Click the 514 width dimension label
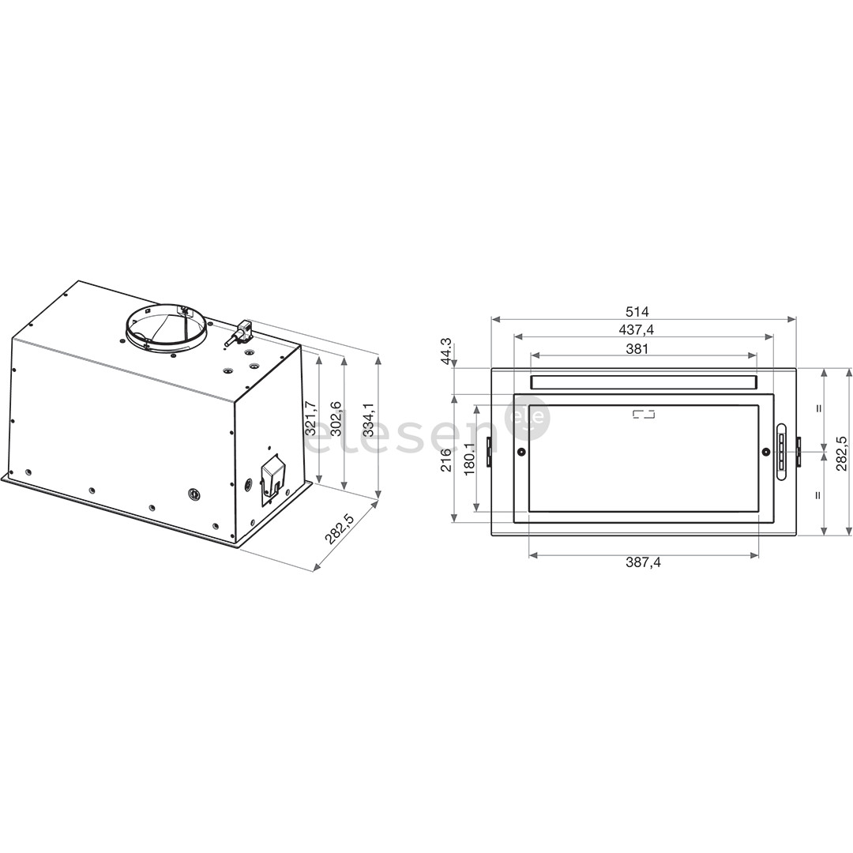pyautogui.click(x=643, y=312)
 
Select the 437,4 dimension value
pyautogui.click(x=643, y=330)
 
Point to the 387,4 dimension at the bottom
pyautogui.click(x=643, y=563)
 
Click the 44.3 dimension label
pyautogui.click(x=446, y=351)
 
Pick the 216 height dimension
pyautogui.click(x=446, y=460)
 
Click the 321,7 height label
pyautogui.click(x=310, y=418)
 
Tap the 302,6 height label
pyautogui.click(x=336, y=419)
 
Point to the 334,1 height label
pyautogui.click(x=369, y=419)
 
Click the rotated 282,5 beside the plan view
pyautogui.click(x=842, y=452)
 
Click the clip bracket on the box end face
pyautogui.click(x=272, y=477)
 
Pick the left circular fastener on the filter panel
pyautogui.click(x=521, y=452)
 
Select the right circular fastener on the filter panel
pyautogui.click(x=765, y=452)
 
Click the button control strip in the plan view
pyautogui.click(x=781, y=452)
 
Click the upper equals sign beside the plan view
pyautogui.click(x=819, y=408)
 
